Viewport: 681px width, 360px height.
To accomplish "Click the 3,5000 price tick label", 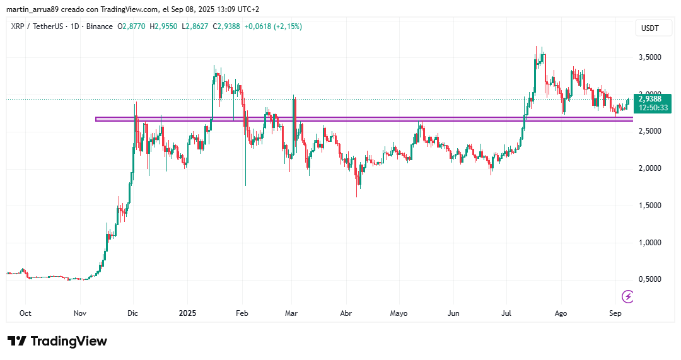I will point(649,57).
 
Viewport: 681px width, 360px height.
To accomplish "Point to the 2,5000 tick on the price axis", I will point(649,131).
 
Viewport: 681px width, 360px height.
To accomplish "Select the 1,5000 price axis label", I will point(649,206).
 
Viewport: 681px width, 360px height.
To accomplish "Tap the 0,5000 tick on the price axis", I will point(649,279).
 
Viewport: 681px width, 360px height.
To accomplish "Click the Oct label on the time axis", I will point(26,313).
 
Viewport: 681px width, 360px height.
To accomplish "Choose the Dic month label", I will point(132,313).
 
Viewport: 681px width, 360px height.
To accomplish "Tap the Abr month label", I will point(346,313).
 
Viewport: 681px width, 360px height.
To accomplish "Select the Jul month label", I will point(506,313).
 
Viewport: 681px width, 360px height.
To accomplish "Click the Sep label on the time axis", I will point(616,313).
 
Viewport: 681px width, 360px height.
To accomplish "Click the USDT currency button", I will point(649,28).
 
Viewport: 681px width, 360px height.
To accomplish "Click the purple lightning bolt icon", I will point(627,296).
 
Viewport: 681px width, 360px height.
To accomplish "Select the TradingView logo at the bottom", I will point(57,341).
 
